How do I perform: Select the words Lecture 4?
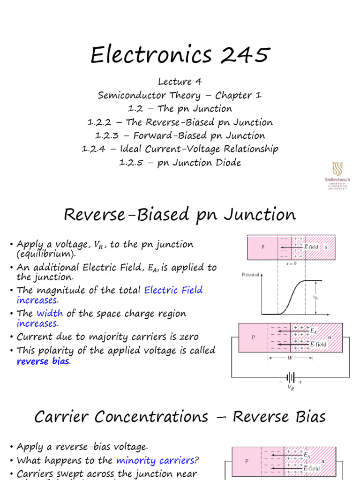[x=180, y=82]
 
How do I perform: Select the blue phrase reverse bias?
[x=43, y=361]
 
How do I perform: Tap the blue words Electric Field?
[x=173, y=290]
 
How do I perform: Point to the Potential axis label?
[x=250, y=275]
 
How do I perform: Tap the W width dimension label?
[x=291, y=358]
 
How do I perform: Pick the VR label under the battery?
[x=291, y=388]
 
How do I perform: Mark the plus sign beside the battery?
[x=300, y=382]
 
